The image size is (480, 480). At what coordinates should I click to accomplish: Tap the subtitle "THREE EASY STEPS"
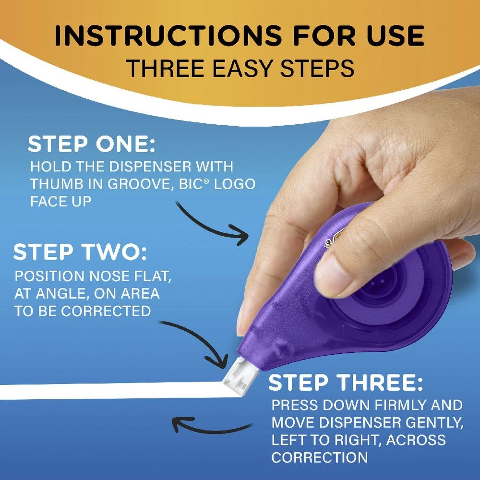(240, 69)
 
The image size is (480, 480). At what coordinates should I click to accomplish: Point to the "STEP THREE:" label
(346, 383)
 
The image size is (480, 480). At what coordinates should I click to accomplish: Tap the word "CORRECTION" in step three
(320, 457)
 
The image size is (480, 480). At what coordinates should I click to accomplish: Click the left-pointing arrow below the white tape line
(211, 425)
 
